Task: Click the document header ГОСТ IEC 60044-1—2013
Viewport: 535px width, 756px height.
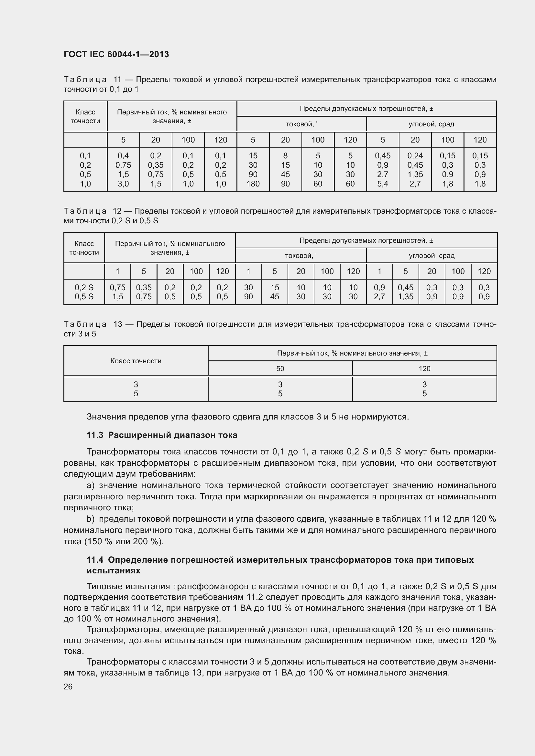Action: (116, 54)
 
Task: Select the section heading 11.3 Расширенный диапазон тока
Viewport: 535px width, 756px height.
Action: (162, 435)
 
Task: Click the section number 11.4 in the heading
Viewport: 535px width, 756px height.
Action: (95, 559)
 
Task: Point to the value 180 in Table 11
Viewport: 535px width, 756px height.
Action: (253, 184)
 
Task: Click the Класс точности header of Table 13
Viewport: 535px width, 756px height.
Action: (136, 361)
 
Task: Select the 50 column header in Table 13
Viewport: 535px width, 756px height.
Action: (280, 369)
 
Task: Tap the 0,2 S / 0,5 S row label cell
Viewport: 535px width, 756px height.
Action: (84, 292)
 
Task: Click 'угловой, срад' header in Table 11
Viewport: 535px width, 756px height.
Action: (431, 124)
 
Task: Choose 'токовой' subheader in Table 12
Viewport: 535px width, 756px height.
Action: (300, 256)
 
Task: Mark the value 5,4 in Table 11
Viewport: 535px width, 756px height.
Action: (382, 184)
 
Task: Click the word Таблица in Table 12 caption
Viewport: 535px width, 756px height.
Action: (85, 211)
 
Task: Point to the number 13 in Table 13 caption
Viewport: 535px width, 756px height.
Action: (118, 324)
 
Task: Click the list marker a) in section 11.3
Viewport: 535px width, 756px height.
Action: (91, 485)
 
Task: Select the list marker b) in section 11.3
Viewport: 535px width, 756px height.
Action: (91, 519)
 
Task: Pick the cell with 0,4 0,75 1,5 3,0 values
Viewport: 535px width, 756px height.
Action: (123, 170)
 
